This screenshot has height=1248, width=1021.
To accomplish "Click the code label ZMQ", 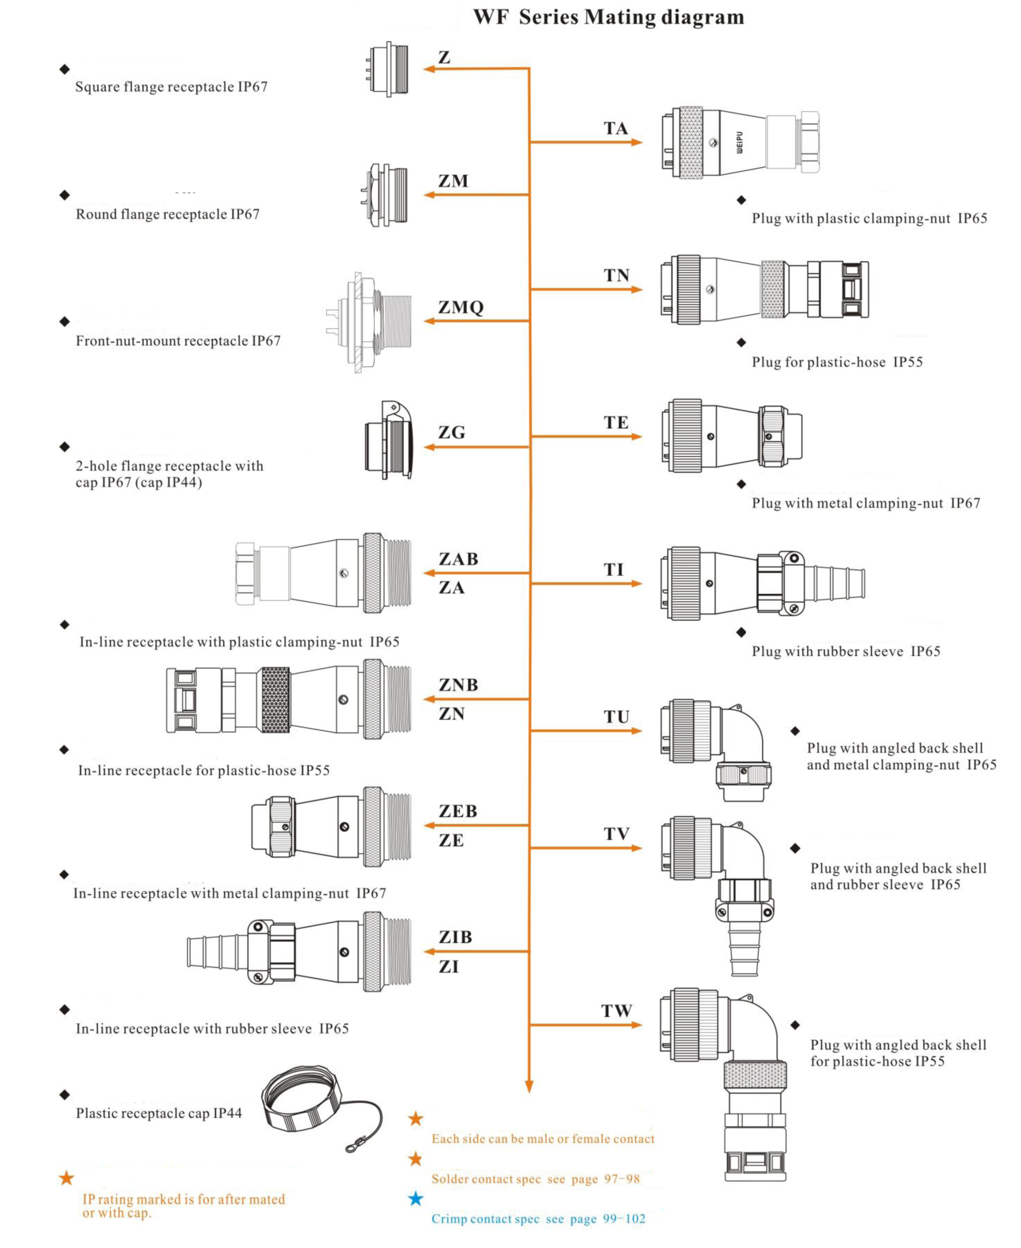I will [460, 307].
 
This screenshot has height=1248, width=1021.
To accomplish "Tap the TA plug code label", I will [615, 128].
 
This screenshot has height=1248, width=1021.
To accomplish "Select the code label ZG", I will [452, 432].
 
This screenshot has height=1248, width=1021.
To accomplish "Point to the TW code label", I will [616, 1010].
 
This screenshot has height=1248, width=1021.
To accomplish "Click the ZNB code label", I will [458, 684].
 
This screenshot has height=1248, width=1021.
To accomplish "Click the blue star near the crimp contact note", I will [415, 1198].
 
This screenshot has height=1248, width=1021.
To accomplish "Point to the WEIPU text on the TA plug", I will [739, 142].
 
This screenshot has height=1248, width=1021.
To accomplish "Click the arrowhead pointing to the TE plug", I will [636, 436].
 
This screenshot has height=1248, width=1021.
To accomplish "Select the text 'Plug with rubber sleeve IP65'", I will [846, 651].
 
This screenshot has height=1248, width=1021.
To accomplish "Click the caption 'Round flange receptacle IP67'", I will [168, 214].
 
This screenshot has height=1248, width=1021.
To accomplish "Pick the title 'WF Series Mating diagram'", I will [609, 17].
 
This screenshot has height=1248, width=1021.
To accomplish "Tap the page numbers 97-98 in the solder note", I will [622, 1178].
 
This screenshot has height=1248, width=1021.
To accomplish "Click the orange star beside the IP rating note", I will [66, 1177].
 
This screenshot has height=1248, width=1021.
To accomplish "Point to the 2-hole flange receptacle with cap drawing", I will [388, 441].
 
